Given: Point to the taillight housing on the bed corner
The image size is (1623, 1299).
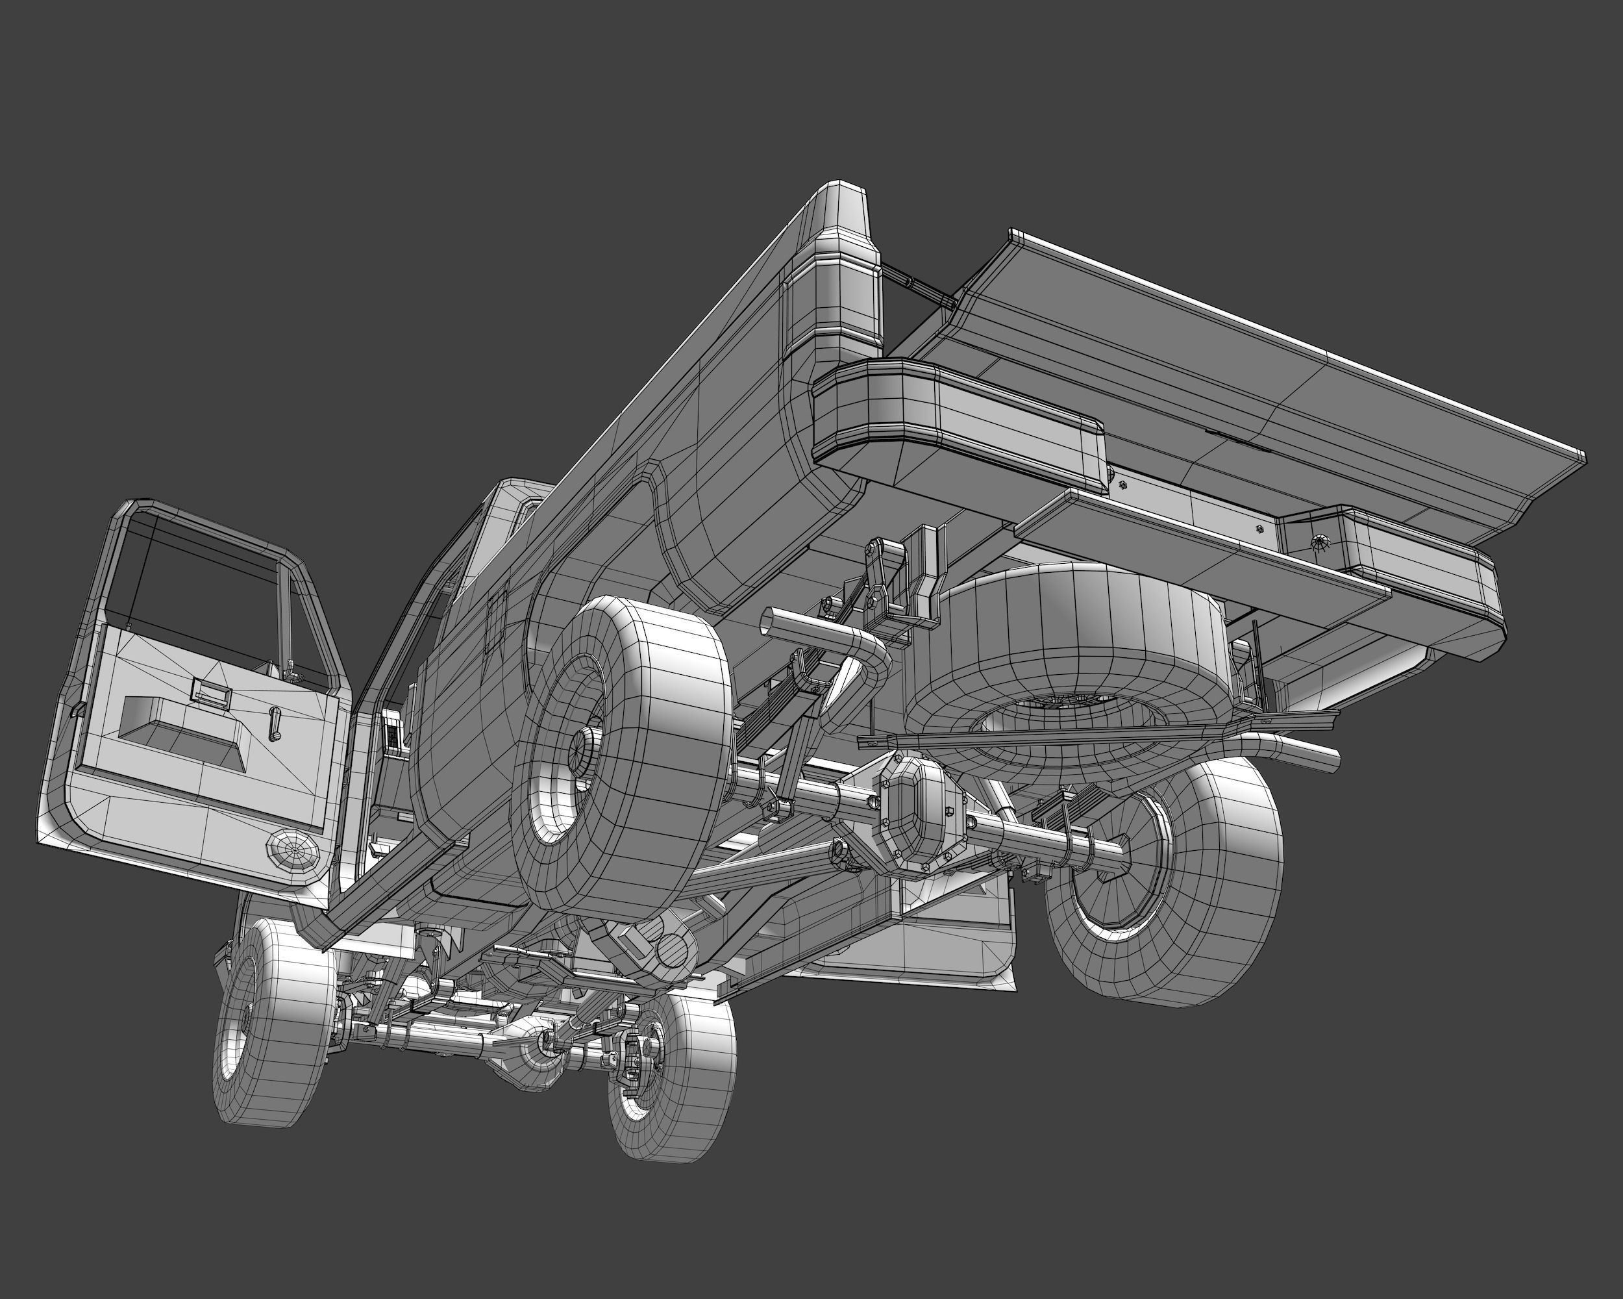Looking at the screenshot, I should (x=832, y=286).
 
